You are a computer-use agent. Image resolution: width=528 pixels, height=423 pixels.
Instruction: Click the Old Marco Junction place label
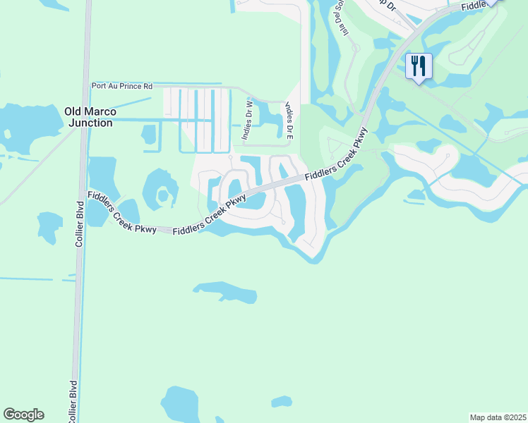tap(88, 117)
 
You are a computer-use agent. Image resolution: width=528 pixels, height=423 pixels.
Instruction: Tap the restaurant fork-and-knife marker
tap(419, 67)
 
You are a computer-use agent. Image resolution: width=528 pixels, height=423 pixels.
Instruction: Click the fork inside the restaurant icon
tap(414, 66)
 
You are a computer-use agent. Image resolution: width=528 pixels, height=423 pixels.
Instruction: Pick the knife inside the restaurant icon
tap(423, 66)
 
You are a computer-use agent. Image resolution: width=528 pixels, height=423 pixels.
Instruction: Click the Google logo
tap(23, 415)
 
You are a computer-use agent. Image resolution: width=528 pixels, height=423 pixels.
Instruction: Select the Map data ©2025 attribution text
tap(498, 417)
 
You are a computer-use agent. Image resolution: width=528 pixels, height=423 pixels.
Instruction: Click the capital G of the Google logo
tap(9, 415)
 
